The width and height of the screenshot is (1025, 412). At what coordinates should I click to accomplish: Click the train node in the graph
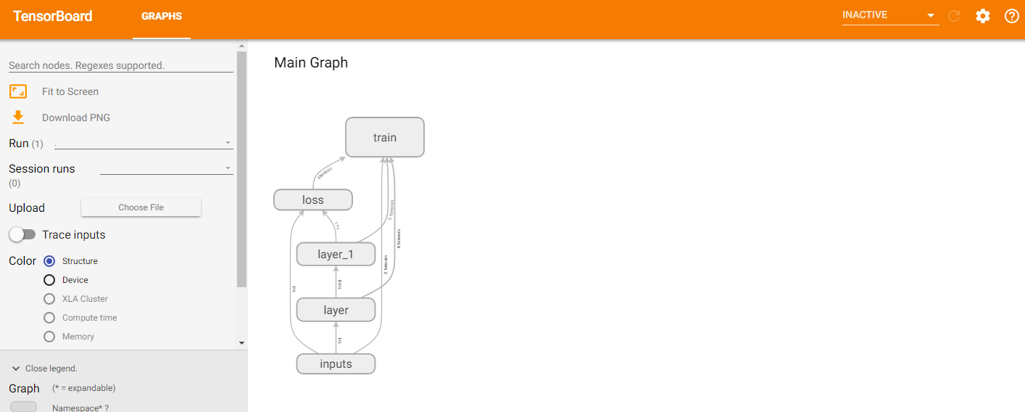coord(384,137)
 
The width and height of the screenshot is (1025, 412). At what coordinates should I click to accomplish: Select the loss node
coord(312,199)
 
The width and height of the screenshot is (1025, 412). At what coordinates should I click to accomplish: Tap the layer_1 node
coord(336,255)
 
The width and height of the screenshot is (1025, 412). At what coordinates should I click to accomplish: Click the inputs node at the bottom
coord(336,363)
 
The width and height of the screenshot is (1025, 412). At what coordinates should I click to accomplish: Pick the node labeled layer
coord(336,310)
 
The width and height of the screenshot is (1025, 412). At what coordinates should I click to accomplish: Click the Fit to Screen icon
coord(18,91)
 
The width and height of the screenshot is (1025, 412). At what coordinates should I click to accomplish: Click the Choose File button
coord(141,207)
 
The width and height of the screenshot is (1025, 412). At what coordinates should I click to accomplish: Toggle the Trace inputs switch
coord(22,235)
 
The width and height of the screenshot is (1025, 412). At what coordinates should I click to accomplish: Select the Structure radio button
coord(49,261)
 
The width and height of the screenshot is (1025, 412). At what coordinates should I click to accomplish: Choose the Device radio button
coord(49,280)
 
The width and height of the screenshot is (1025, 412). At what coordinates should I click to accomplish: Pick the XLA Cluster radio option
coord(49,299)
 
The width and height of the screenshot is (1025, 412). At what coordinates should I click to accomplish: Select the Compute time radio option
coord(49,318)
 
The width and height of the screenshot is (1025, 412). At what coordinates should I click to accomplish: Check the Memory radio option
coord(49,337)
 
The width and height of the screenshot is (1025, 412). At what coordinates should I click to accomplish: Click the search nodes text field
coord(120,65)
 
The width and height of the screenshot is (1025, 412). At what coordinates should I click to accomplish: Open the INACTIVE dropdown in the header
coord(889,15)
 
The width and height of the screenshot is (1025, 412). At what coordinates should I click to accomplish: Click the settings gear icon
coord(982,16)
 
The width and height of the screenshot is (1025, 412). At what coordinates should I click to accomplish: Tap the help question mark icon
coord(1011,16)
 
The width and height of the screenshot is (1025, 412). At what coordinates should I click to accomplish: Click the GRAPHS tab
coord(162,16)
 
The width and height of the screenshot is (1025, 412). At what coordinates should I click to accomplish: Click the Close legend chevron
coord(16,368)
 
